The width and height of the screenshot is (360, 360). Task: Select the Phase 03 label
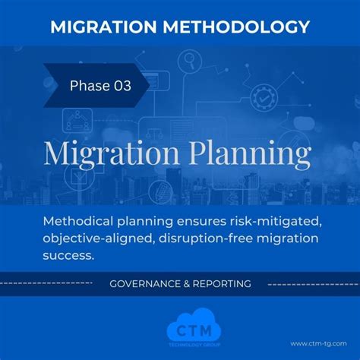99,86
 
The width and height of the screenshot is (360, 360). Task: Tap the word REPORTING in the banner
225,283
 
